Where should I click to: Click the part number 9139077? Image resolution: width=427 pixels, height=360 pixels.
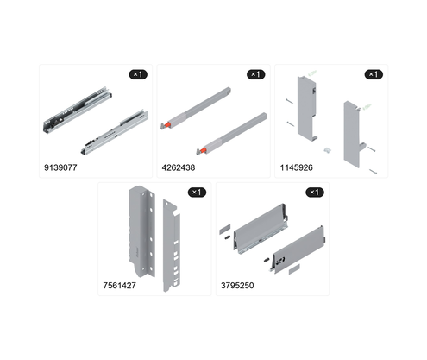click(x=60, y=167)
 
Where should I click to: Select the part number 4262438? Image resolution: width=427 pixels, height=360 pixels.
click(x=179, y=167)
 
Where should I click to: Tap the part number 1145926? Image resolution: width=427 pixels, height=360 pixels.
click(x=296, y=167)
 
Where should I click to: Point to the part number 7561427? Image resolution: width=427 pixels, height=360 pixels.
click(x=119, y=286)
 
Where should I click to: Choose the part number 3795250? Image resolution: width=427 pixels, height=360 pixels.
click(x=237, y=286)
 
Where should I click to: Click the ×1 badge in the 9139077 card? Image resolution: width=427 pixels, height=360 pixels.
click(x=138, y=74)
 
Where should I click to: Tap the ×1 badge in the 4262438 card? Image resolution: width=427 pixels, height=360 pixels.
click(x=256, y=74)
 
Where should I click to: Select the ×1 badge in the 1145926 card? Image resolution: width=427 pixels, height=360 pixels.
click(x=374, y=74)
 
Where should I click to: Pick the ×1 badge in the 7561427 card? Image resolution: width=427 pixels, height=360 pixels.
click(x=197, y=193)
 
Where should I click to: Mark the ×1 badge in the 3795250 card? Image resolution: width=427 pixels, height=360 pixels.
click(x=315, y=193)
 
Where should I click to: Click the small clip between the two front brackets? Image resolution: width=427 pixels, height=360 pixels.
click(x=327, y=150)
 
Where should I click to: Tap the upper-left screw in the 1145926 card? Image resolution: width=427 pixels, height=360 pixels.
click(x=290, y=101)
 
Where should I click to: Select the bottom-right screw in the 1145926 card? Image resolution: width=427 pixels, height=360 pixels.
click(x=373, y=172)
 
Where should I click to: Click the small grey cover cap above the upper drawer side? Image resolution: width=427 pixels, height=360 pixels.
click(x=225, y=230)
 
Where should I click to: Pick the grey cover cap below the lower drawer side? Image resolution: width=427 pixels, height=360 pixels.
click(x=294, y=269)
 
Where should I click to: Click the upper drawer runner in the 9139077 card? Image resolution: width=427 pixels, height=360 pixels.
click(x=77, y=110)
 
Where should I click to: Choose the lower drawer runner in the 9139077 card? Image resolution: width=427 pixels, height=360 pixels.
click(x=115, y=132)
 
